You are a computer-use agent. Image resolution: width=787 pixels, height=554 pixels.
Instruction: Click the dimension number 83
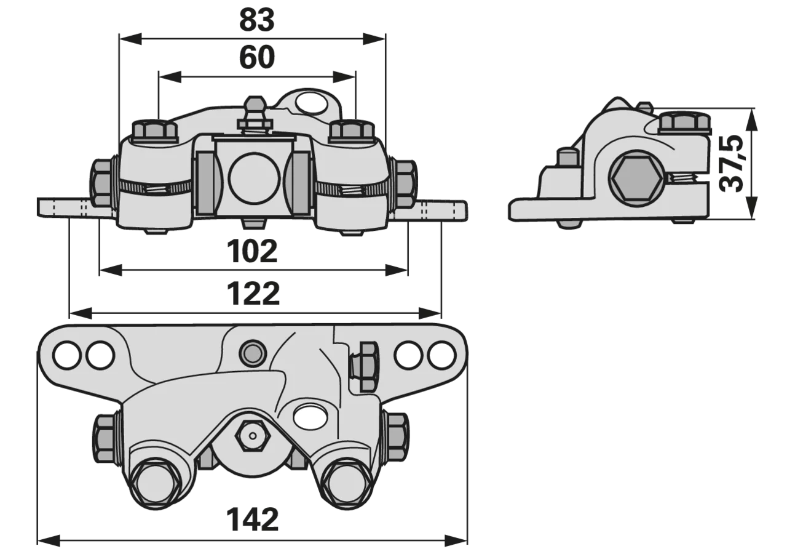[257, 20]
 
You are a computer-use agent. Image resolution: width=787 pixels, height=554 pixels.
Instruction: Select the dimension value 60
[257, 57]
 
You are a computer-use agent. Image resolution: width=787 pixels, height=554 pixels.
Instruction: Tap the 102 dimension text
[252, 252]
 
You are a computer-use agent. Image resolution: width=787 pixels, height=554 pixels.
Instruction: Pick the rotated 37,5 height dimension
[732, 164]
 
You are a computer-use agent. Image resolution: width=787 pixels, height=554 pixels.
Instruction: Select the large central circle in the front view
[255, 179]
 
